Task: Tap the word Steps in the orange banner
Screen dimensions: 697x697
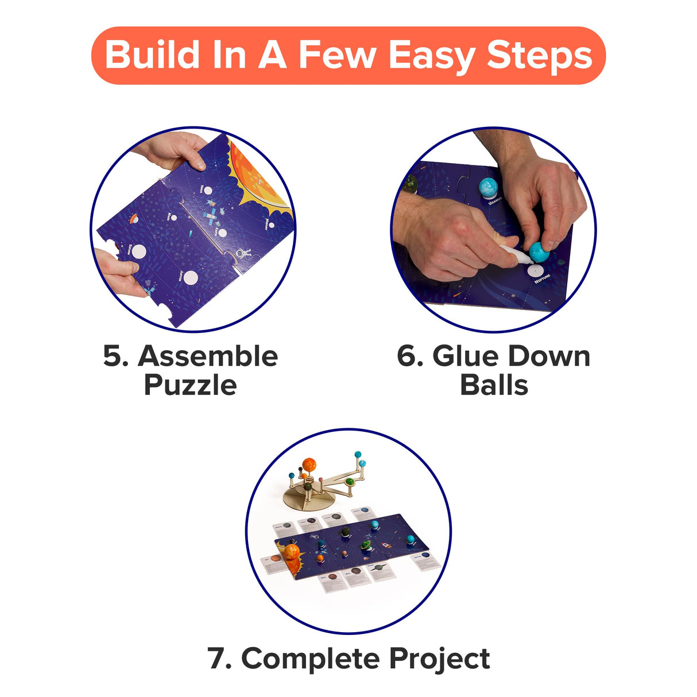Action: tap(539, 56)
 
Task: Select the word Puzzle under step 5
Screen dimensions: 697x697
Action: tap(190, 385)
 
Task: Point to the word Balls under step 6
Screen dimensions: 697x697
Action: tap(494, 385)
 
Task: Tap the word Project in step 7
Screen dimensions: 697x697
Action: tap(439, 658)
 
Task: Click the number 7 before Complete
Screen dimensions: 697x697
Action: tap(218, 658)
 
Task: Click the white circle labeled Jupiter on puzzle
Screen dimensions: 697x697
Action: tap(191, 278)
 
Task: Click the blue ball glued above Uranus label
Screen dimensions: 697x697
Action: tap(488, 187)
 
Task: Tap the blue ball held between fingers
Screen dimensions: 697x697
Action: tap(539, 251)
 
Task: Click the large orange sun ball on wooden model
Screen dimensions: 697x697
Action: tap(309, 464)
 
